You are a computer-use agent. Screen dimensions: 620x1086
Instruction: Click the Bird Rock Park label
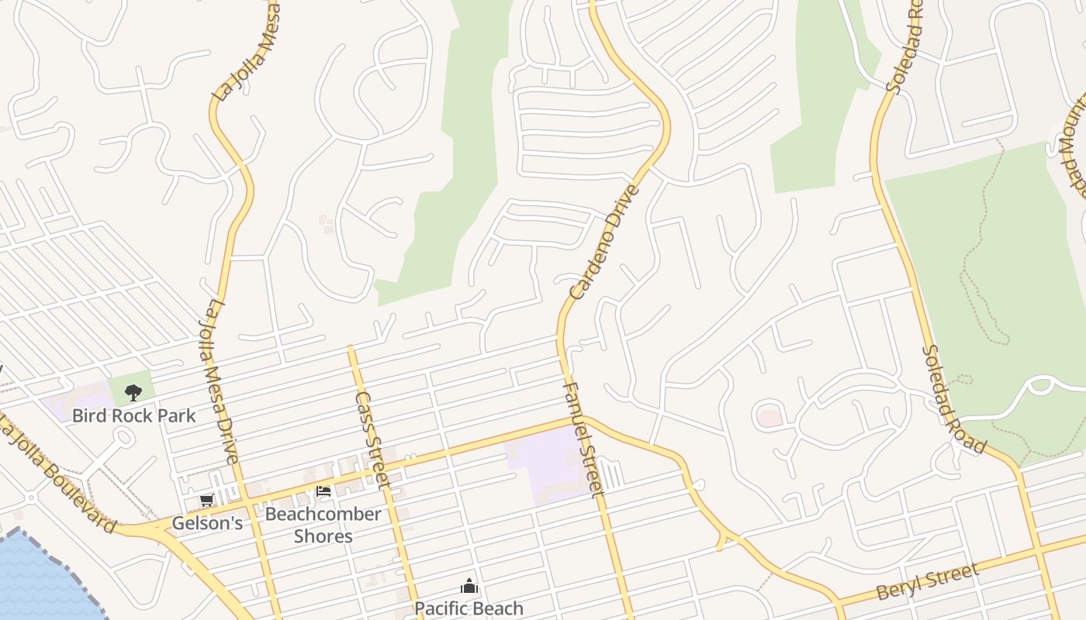[x=133, y=415]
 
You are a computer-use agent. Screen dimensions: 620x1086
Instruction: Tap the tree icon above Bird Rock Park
[x=133, y=393]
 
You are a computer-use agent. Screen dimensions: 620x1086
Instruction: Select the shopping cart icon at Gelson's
[x=206, y=501]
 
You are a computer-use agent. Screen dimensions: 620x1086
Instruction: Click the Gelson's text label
[x=206, y=523]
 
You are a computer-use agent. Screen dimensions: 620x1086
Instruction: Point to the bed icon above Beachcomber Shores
[x=323, y=491]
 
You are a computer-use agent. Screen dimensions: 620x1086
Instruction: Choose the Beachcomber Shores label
[x=323, y=525]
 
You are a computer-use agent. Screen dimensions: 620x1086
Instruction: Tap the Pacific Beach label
[x=469, y=608]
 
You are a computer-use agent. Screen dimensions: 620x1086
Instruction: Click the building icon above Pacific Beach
[x=469, y=586]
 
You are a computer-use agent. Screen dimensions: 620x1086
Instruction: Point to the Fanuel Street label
[x=582, y=439]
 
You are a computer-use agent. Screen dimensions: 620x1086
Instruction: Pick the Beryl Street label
[x=927, y=582]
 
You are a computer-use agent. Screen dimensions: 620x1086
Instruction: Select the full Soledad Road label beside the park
[x=954, y=400]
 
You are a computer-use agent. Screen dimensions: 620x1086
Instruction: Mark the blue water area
[x=39, y=581]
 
